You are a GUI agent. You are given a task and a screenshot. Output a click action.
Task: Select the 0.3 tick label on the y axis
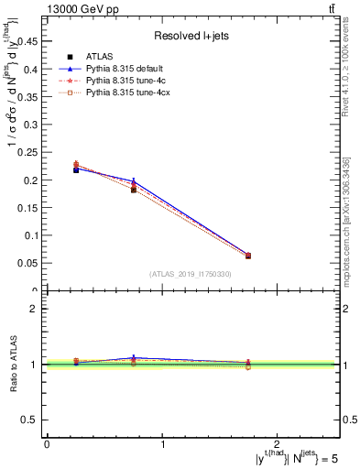coord(30,125)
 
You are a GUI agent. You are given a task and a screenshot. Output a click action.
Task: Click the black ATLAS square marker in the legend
coord(70,57)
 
